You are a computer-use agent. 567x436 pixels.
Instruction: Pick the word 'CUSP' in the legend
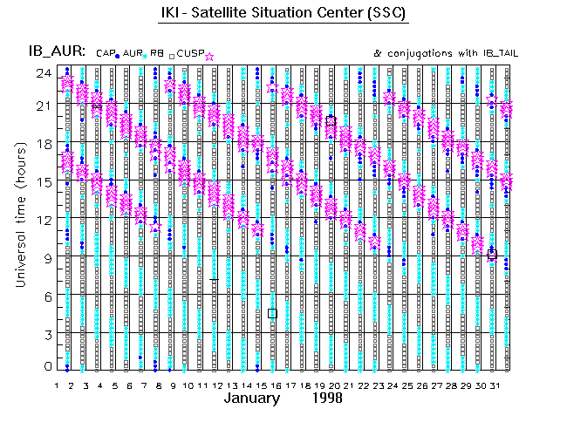[190, 54]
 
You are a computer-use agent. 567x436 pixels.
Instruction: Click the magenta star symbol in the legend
[208, 56]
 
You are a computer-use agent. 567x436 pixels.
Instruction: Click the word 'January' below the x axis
[252, 399]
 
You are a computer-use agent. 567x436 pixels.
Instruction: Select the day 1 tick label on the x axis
[57, 385]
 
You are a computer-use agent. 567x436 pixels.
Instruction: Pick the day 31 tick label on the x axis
[492, 385]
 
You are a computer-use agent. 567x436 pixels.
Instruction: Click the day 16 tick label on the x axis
[275, 385]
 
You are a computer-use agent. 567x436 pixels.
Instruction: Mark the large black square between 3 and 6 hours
[272, 313]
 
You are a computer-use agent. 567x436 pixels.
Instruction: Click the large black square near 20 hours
[331, 121]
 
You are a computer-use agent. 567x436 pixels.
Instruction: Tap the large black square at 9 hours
[492, 255]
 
